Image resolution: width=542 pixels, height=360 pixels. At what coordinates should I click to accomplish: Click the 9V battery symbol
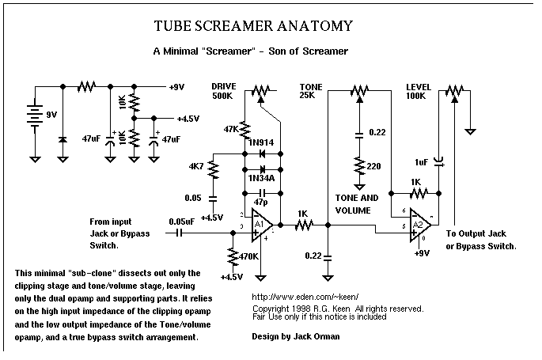tap(35, 114)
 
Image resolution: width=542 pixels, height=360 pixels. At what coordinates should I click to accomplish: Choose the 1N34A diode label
tap(260, 179)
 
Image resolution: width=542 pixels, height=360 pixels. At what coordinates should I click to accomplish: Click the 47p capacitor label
tap(262, 203)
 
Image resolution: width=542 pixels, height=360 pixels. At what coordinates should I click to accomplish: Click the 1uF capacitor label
tap(421, 162)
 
